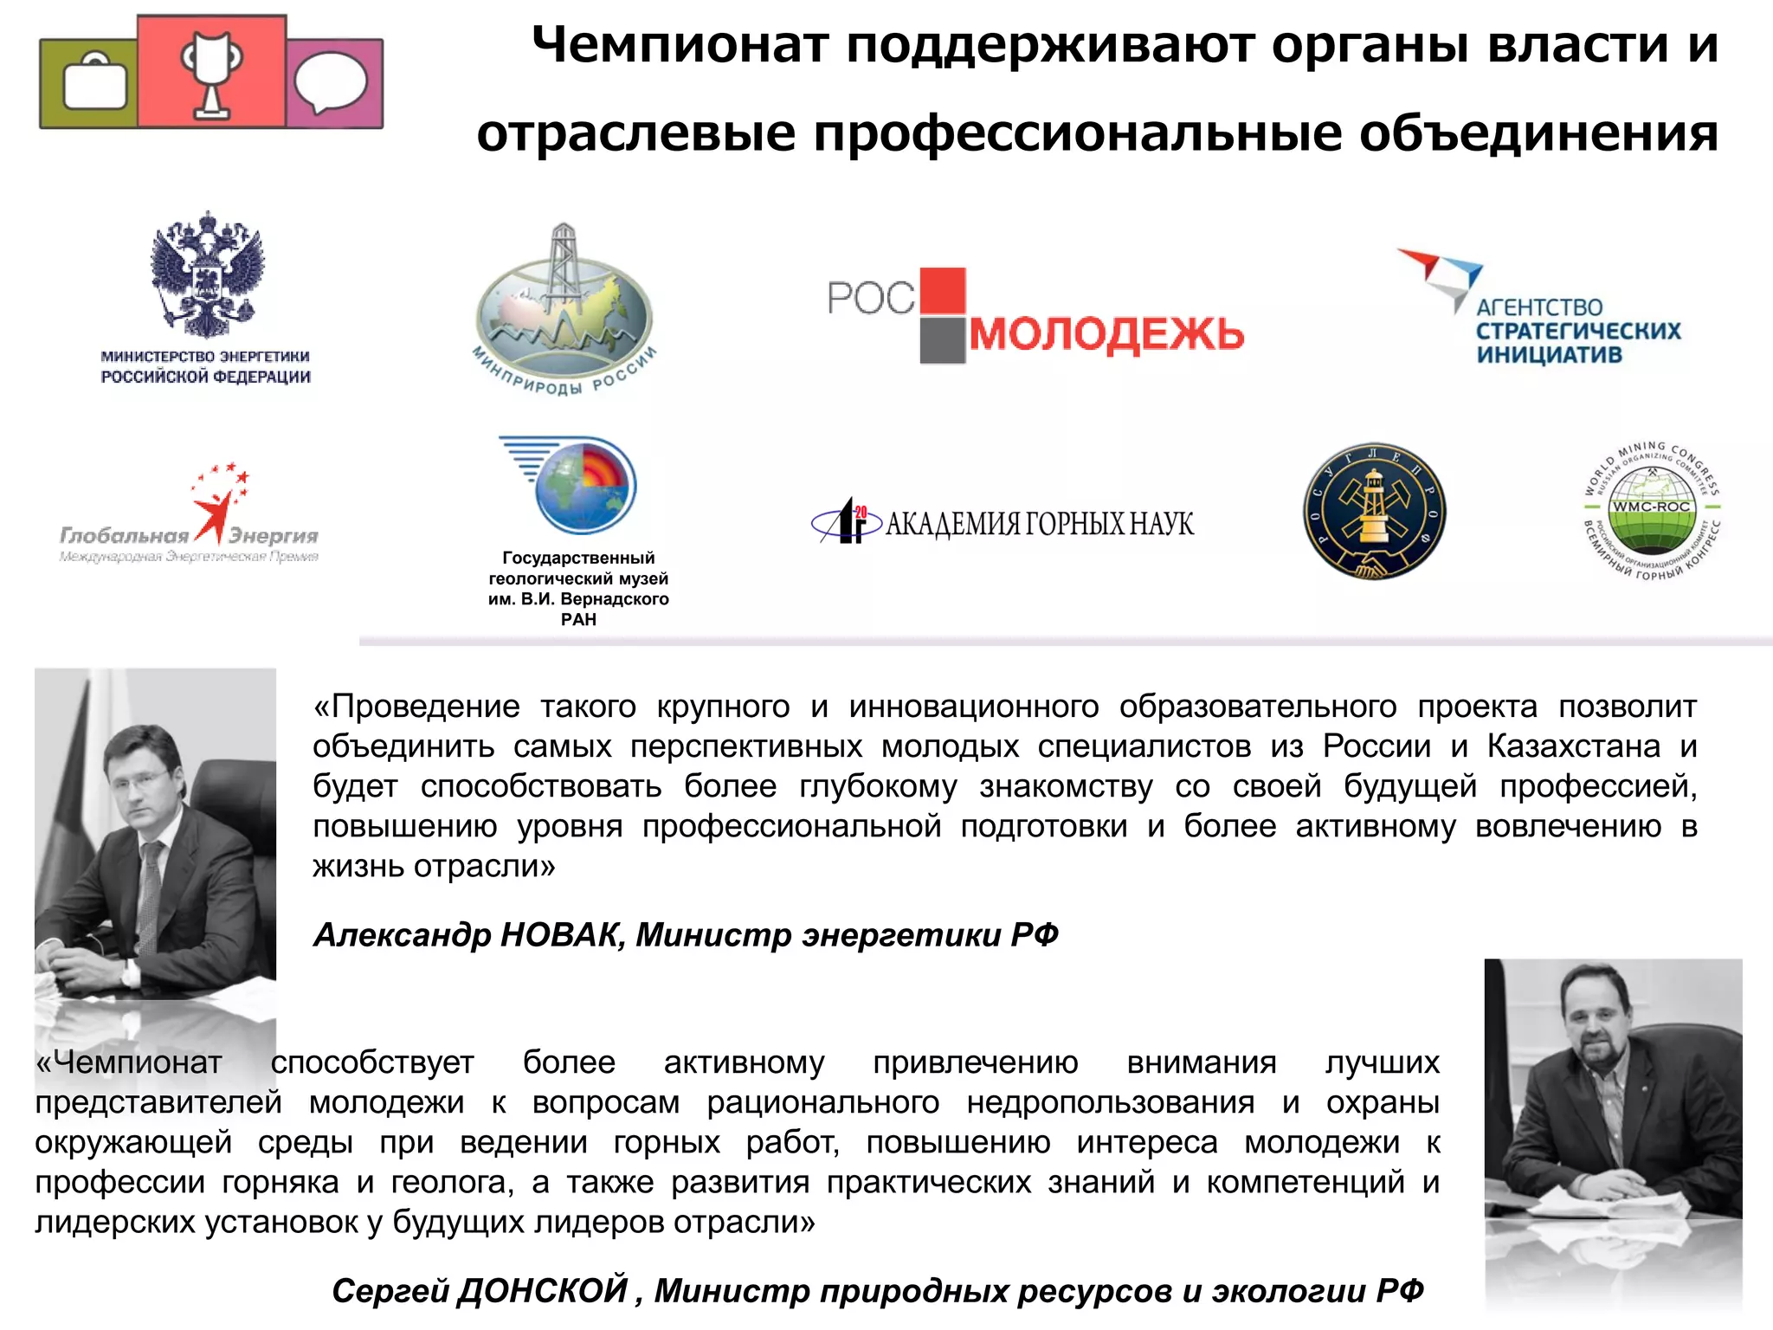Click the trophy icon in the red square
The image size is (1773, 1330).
click(211, 73)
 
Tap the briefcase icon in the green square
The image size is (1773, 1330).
click(94, 84)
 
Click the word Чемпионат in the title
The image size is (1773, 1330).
click(680, 45)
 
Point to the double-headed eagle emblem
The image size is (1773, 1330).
click(207, 274)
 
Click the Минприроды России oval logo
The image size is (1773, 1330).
click(564, 312)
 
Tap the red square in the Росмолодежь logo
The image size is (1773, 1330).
click(942, 290)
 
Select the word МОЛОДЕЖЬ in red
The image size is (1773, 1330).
click(1106, 334)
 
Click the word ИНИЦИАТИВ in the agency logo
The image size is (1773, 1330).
click(1549, 355)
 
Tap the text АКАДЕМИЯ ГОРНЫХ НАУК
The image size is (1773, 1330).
click(1039, 524)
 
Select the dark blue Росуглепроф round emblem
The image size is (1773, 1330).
click(1374, 512)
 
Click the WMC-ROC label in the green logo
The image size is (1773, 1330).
click(1650, 507)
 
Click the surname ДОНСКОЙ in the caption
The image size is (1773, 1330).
click(543, 1290)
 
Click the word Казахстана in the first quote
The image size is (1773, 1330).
click(1574, 746)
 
